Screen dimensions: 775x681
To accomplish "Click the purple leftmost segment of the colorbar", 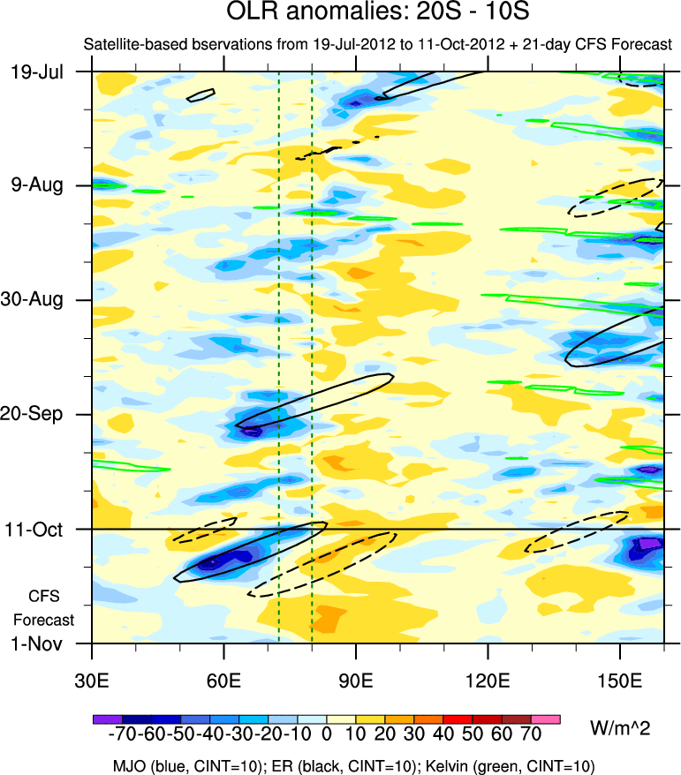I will click(107, 720).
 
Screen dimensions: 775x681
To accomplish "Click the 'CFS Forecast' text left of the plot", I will click(44, 607).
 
